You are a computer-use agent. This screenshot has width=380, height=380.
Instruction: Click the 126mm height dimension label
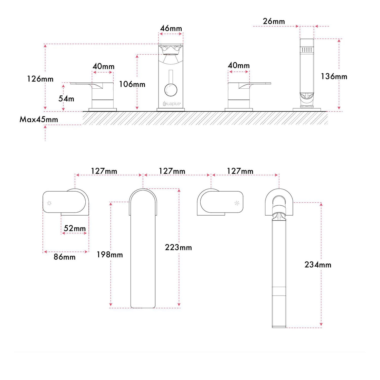(40, 79)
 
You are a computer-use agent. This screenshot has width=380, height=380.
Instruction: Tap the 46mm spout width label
(171, 28)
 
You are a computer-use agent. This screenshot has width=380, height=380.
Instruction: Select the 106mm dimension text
(132, 84)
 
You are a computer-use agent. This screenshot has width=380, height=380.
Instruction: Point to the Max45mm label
(39, 119)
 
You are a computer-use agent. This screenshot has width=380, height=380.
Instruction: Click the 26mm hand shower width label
(274, 21)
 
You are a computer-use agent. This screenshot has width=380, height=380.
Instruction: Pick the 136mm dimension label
(334, 76)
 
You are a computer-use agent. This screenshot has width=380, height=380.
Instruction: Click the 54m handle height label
(66, 99)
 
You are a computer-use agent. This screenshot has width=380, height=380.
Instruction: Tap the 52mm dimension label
(75, 228)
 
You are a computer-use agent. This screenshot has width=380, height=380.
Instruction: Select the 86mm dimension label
(65, 257)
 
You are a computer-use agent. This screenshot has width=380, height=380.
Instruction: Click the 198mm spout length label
(110, 255)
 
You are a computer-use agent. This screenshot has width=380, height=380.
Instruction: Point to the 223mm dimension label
(178, 247)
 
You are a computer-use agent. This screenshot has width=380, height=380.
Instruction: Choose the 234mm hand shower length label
(318, 265)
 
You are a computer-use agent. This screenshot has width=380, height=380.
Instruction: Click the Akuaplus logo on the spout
(172, 104)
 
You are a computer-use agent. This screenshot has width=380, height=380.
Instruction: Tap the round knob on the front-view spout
(171, 90)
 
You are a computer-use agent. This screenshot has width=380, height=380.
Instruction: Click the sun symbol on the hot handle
(49, 203)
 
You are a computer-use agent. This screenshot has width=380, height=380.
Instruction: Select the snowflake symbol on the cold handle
(237, 203)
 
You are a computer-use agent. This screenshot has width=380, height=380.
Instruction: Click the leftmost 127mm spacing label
(104, 171)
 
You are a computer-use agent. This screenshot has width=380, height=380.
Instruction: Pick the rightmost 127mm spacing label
(240, 171)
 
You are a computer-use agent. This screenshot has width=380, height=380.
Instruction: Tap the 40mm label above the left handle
(103, 66)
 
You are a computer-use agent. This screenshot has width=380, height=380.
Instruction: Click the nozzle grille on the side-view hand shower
(307, 50)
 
